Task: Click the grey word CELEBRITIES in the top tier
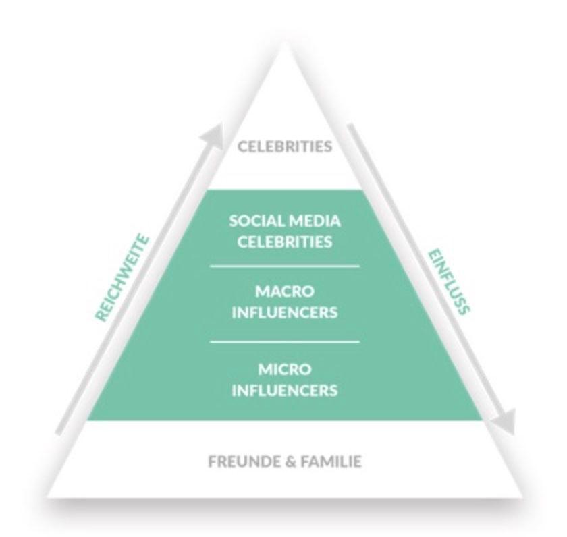pos(283,145)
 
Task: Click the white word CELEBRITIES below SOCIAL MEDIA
pos(283,242)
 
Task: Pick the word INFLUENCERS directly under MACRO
pos(283,314)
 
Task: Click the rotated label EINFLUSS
pos(448,278)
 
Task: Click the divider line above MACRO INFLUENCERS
pos(283,266)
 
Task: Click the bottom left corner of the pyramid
pos(46,498)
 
